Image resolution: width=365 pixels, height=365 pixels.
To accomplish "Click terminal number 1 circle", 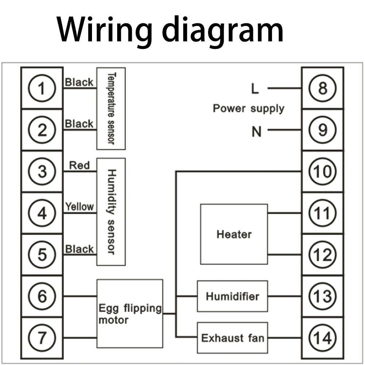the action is click(42, 88).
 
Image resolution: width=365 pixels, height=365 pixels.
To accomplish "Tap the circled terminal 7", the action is click(42, 338).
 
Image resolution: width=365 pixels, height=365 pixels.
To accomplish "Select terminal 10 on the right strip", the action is click(322, 171).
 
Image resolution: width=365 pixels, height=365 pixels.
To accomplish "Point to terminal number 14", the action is click(322, 338).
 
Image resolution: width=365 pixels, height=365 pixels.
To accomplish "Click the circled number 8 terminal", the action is click(322, 88).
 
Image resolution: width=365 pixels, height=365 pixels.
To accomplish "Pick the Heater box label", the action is click(234, 234).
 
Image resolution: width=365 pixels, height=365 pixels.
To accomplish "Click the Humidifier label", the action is click(232, 296).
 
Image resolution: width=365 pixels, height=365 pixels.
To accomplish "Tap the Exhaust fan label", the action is click(233, 338).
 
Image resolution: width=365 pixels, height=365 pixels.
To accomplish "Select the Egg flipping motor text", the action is click(130, 314).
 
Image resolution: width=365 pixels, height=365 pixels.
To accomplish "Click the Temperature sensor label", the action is click(111, 108).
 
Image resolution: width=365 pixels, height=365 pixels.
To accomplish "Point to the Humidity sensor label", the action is click(111, 212).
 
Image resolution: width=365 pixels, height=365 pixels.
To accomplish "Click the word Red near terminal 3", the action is click(79, 165).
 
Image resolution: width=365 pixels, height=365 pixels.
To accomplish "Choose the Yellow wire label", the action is click(79, 207).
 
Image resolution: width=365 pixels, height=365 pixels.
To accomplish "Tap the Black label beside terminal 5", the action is click(79, 249).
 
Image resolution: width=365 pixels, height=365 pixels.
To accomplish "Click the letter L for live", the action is click(255, 89).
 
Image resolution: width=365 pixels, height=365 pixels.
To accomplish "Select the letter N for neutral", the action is click(257, 131).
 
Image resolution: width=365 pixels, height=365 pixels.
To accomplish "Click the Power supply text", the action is click(249, 109).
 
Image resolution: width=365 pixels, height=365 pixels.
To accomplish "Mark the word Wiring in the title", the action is click(104, 30).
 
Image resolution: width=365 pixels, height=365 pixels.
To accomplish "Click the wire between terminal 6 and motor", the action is click(80, 296).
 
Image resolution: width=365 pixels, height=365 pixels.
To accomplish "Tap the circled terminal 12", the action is click(322, 254).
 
